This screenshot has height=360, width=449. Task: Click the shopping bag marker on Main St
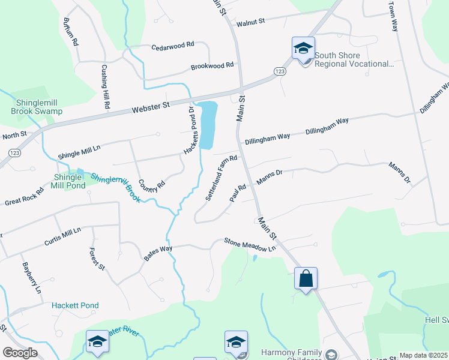pos(306,279)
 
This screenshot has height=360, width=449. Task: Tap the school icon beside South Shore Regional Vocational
pos(303,48)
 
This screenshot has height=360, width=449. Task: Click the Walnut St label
pos(251,23)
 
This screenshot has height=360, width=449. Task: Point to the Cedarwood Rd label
pos(173,46)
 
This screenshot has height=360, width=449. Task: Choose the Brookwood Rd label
pos(212,67)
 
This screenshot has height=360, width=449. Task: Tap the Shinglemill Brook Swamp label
pos(37,107)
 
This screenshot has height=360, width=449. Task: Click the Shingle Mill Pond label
pos(67,182)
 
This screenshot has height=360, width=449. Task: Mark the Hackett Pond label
pos(75,306)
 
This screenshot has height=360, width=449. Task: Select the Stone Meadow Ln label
pos(250,244)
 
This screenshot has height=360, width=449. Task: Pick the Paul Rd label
pos(238,193)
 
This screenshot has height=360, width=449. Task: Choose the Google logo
pos(20,353)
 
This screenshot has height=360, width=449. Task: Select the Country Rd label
pos(151,186)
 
